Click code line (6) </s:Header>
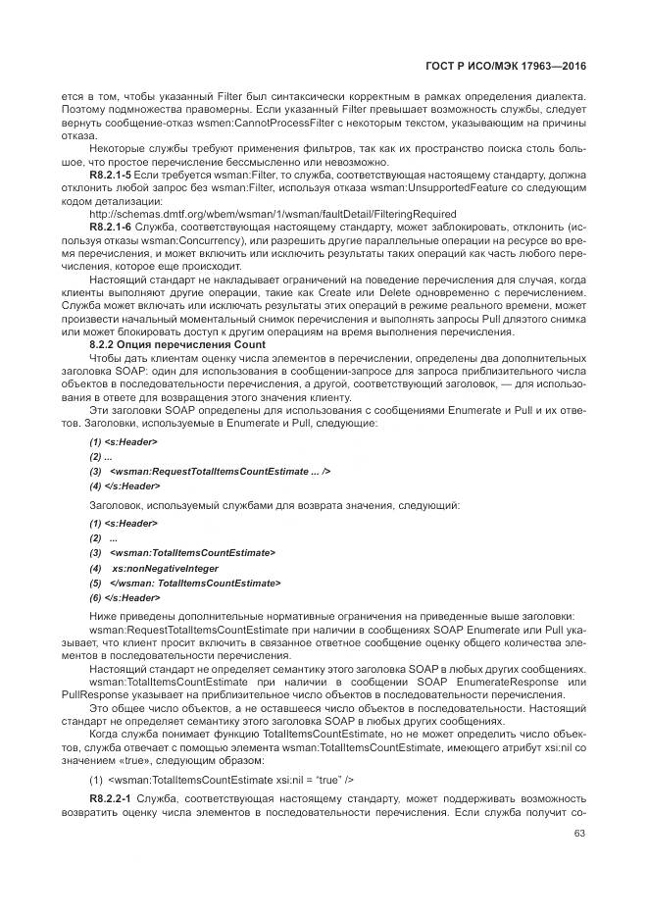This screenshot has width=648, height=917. pyautogui.click(x=125, y=597)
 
